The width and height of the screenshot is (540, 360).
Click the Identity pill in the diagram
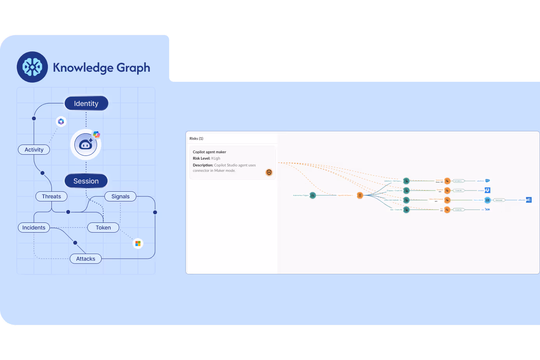click(x=86, y=103)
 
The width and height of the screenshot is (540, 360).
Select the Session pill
click(x=86, y=181)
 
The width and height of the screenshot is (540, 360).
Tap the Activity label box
click(x=34, y=150)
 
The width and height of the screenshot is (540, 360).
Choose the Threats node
click(x=51, y=196)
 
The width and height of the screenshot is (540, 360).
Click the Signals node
click(x=120, y=196)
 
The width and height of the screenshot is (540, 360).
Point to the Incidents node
click(x=34, y=228)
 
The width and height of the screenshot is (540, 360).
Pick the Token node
click(x=103, y=228)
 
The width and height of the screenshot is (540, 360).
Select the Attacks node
click(x=86, y=259)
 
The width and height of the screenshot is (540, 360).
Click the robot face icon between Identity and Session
click(x=86, y=145)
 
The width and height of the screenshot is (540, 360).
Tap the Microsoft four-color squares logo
click(x=138, y=244)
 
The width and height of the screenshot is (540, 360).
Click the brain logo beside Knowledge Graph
click(x=32, y=67)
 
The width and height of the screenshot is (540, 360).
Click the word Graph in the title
click(x=133, y=68)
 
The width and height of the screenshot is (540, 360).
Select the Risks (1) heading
click(x=196, y=139)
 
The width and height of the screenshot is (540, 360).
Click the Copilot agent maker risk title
click(x=210, y=152)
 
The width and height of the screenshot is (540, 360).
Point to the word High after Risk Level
click(x=216, y=159)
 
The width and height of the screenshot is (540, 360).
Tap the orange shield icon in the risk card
click(x=269, y=172)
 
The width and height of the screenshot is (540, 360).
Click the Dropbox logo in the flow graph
click(x=487, y=190)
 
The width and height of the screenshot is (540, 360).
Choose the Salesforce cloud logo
click(x=487, y=181)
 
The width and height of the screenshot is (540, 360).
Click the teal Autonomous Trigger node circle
click(x=312, y=195)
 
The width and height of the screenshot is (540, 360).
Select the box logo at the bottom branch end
click(x=487, y=210)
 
